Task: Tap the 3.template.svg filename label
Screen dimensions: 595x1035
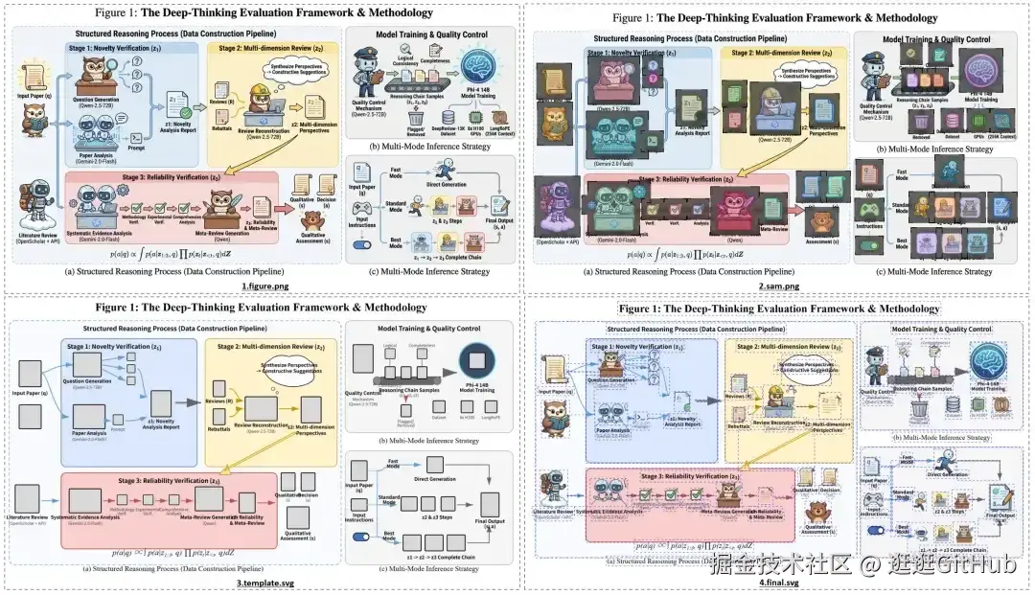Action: coord(259,583)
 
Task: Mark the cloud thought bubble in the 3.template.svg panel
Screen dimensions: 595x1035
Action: coord(286,351)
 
